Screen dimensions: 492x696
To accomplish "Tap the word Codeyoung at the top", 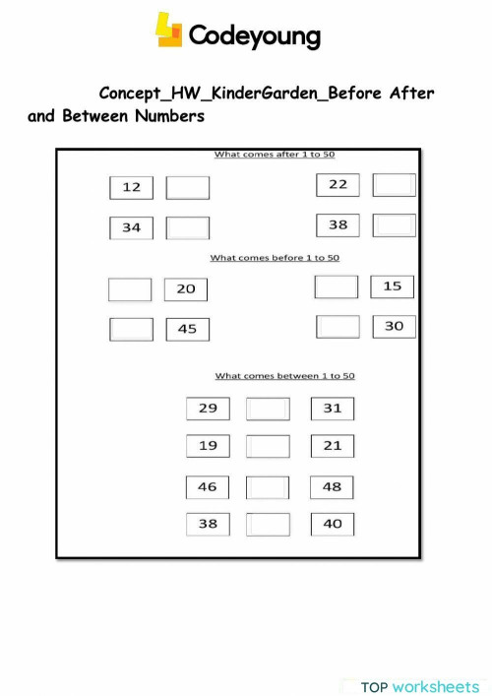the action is coord(254,36).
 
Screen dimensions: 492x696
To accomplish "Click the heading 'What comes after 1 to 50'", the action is coord(275,155).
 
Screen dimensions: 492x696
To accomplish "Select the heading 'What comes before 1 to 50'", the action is coord(275,258).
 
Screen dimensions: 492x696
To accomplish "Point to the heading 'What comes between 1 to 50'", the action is coord(284,376).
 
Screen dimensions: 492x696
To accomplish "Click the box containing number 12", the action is coord(131,187).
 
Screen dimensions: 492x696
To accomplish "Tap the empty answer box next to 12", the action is coord(187,187).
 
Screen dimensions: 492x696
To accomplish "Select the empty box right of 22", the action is coord(395,184).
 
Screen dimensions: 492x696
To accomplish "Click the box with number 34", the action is coord(131,227).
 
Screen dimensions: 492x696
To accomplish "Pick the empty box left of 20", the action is coord(130,289).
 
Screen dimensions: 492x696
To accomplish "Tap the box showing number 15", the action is coord(393,286).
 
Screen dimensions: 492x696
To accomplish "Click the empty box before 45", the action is coord(131,329).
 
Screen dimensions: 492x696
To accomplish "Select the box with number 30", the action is coord(394,326).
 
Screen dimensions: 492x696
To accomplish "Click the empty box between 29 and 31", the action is coord(268,409).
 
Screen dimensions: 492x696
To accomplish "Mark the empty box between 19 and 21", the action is coord(268,446).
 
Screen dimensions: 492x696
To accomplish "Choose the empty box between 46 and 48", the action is coord(268,487).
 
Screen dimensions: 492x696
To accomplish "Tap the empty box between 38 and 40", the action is coord(268,524).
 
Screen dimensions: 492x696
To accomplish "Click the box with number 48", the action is coord(333,486).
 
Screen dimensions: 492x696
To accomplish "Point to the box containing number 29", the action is coord(208,408).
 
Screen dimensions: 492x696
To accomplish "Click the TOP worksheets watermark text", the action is coord(419,686).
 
